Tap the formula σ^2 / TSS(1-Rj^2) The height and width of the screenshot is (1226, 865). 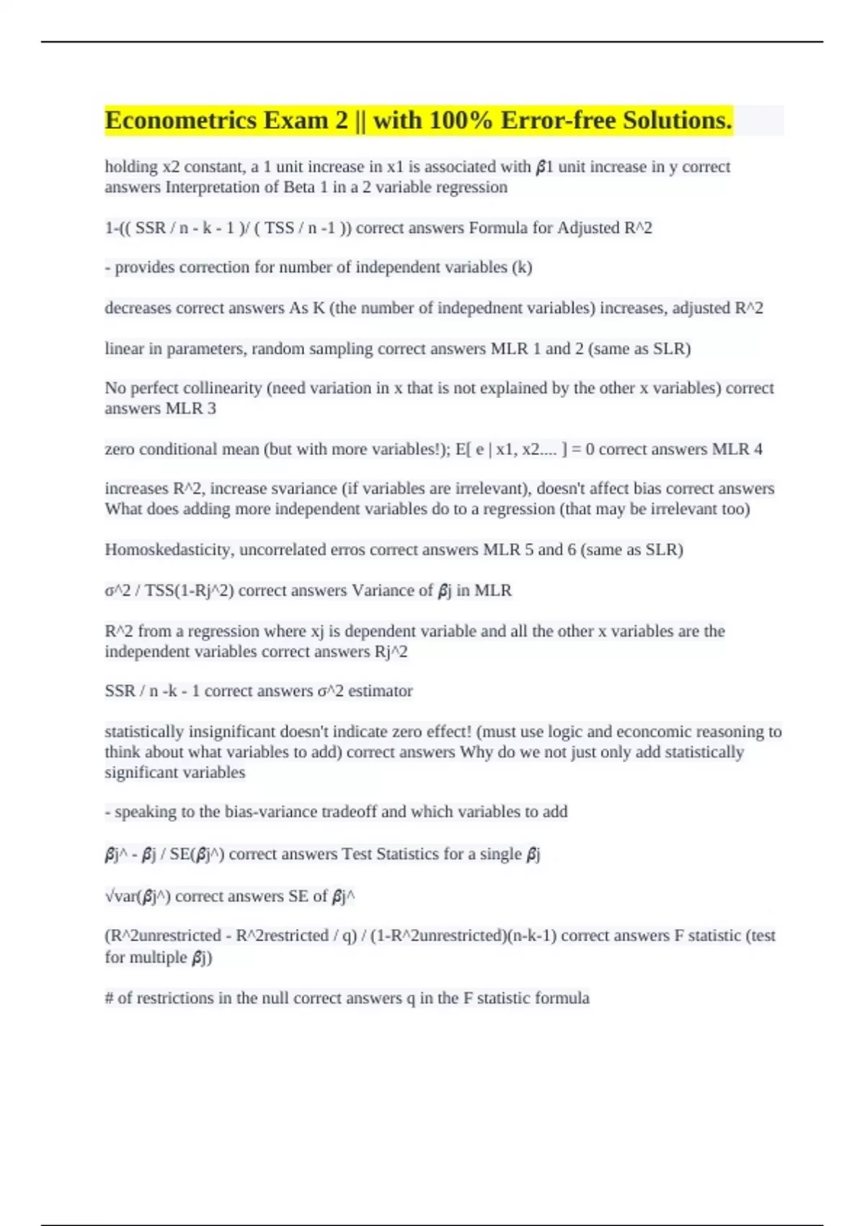click(x=169, y=591)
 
